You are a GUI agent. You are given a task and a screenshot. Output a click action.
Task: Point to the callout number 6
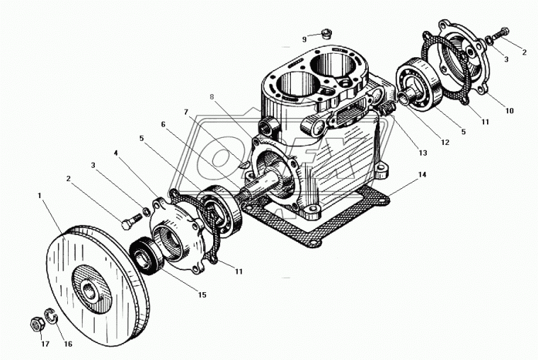(163, 124)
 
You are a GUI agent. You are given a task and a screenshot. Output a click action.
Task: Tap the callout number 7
(186, 112)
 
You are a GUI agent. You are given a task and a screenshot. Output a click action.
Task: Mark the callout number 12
(445, 142)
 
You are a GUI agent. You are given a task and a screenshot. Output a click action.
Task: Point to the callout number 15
(202, 294)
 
